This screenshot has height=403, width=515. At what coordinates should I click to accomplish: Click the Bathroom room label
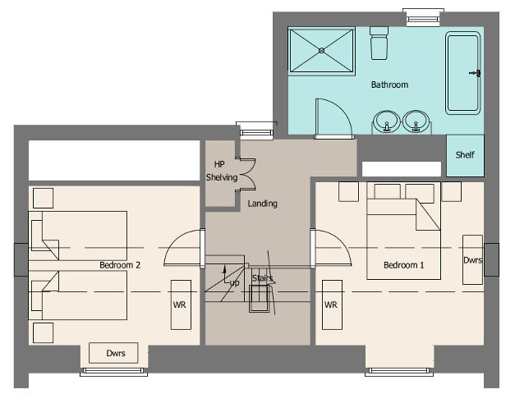(x=389, y=85)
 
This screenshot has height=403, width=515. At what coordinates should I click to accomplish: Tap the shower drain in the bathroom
(x=321, y=51)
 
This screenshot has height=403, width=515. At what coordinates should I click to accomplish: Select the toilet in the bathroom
(x=379, y=43)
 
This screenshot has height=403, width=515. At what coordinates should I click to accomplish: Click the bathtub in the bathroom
(x=462, y=73)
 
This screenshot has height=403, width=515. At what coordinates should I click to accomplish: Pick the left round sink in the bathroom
(x=387, y=121)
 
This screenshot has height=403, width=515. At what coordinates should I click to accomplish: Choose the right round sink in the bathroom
(x=416, y=121)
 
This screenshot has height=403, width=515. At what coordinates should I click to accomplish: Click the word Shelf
(x=465, y=154)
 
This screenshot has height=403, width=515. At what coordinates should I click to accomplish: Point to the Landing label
(x=262, y=204)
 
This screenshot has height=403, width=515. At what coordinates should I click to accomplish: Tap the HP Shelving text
(x=222, y=171)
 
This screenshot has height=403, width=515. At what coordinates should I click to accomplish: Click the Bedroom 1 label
(x=403, y=265)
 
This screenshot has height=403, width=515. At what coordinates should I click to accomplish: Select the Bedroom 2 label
(x=120, y=265)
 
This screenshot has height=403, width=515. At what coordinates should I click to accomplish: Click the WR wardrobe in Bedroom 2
(x=181, y=305)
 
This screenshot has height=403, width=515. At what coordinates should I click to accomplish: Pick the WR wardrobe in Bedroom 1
(x=332, y=305)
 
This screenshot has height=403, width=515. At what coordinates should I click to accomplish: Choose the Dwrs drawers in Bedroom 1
(x=472, y=259)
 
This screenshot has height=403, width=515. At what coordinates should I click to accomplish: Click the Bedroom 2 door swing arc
(x=174, y=241)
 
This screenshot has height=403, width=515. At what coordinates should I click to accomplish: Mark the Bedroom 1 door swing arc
(x=342, y=241)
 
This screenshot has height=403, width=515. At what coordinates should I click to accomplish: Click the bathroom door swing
(x=343, y=111)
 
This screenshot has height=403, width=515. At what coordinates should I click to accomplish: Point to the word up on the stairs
(x=235, y=283)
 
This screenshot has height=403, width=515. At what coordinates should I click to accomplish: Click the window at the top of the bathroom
(x=423, y=16)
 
